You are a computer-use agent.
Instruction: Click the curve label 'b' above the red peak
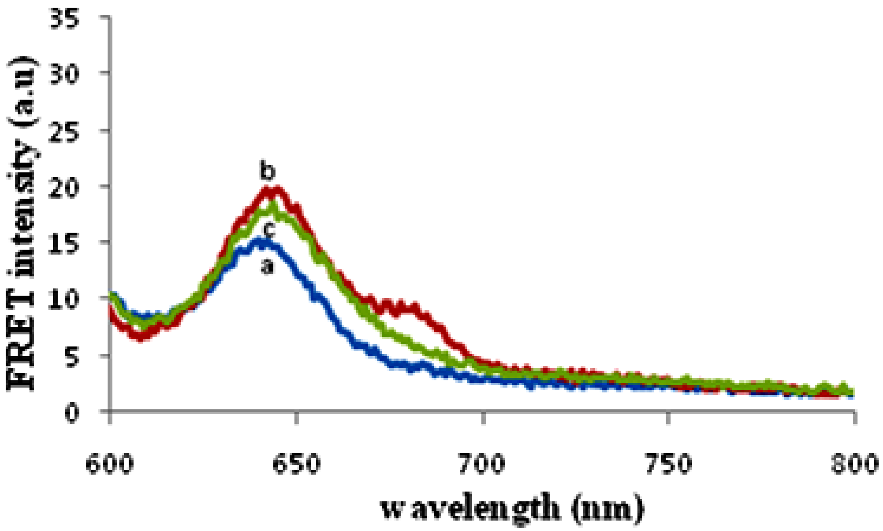(267, 172)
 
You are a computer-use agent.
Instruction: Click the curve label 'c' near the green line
(269, 230)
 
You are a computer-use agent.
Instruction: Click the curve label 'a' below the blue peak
(267, 266)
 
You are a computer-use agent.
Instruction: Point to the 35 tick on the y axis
(63, 19)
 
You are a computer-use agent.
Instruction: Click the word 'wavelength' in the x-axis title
(470, 508)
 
